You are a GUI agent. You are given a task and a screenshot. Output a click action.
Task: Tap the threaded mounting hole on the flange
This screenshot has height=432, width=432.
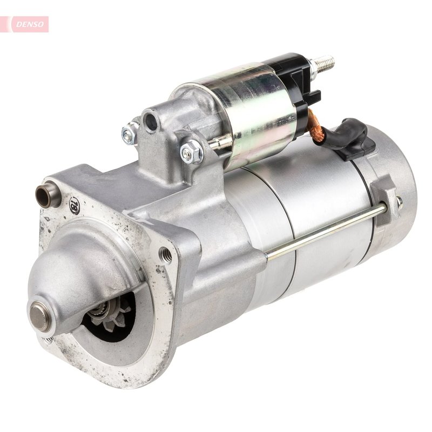[x=166, y=254]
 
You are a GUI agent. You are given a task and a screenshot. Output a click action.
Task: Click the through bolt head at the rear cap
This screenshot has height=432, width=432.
[x=399, y=201]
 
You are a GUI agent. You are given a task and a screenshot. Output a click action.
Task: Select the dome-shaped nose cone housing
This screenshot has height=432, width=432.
[x=81, y=281]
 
